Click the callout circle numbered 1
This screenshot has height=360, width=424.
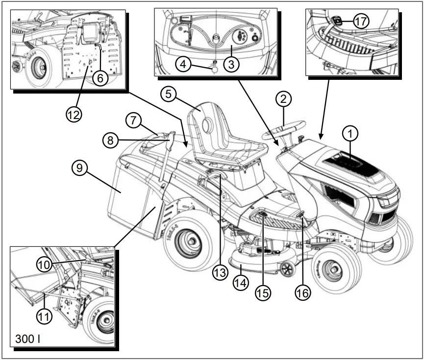point(350,132)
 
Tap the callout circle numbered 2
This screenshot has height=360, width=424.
point(283,99)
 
